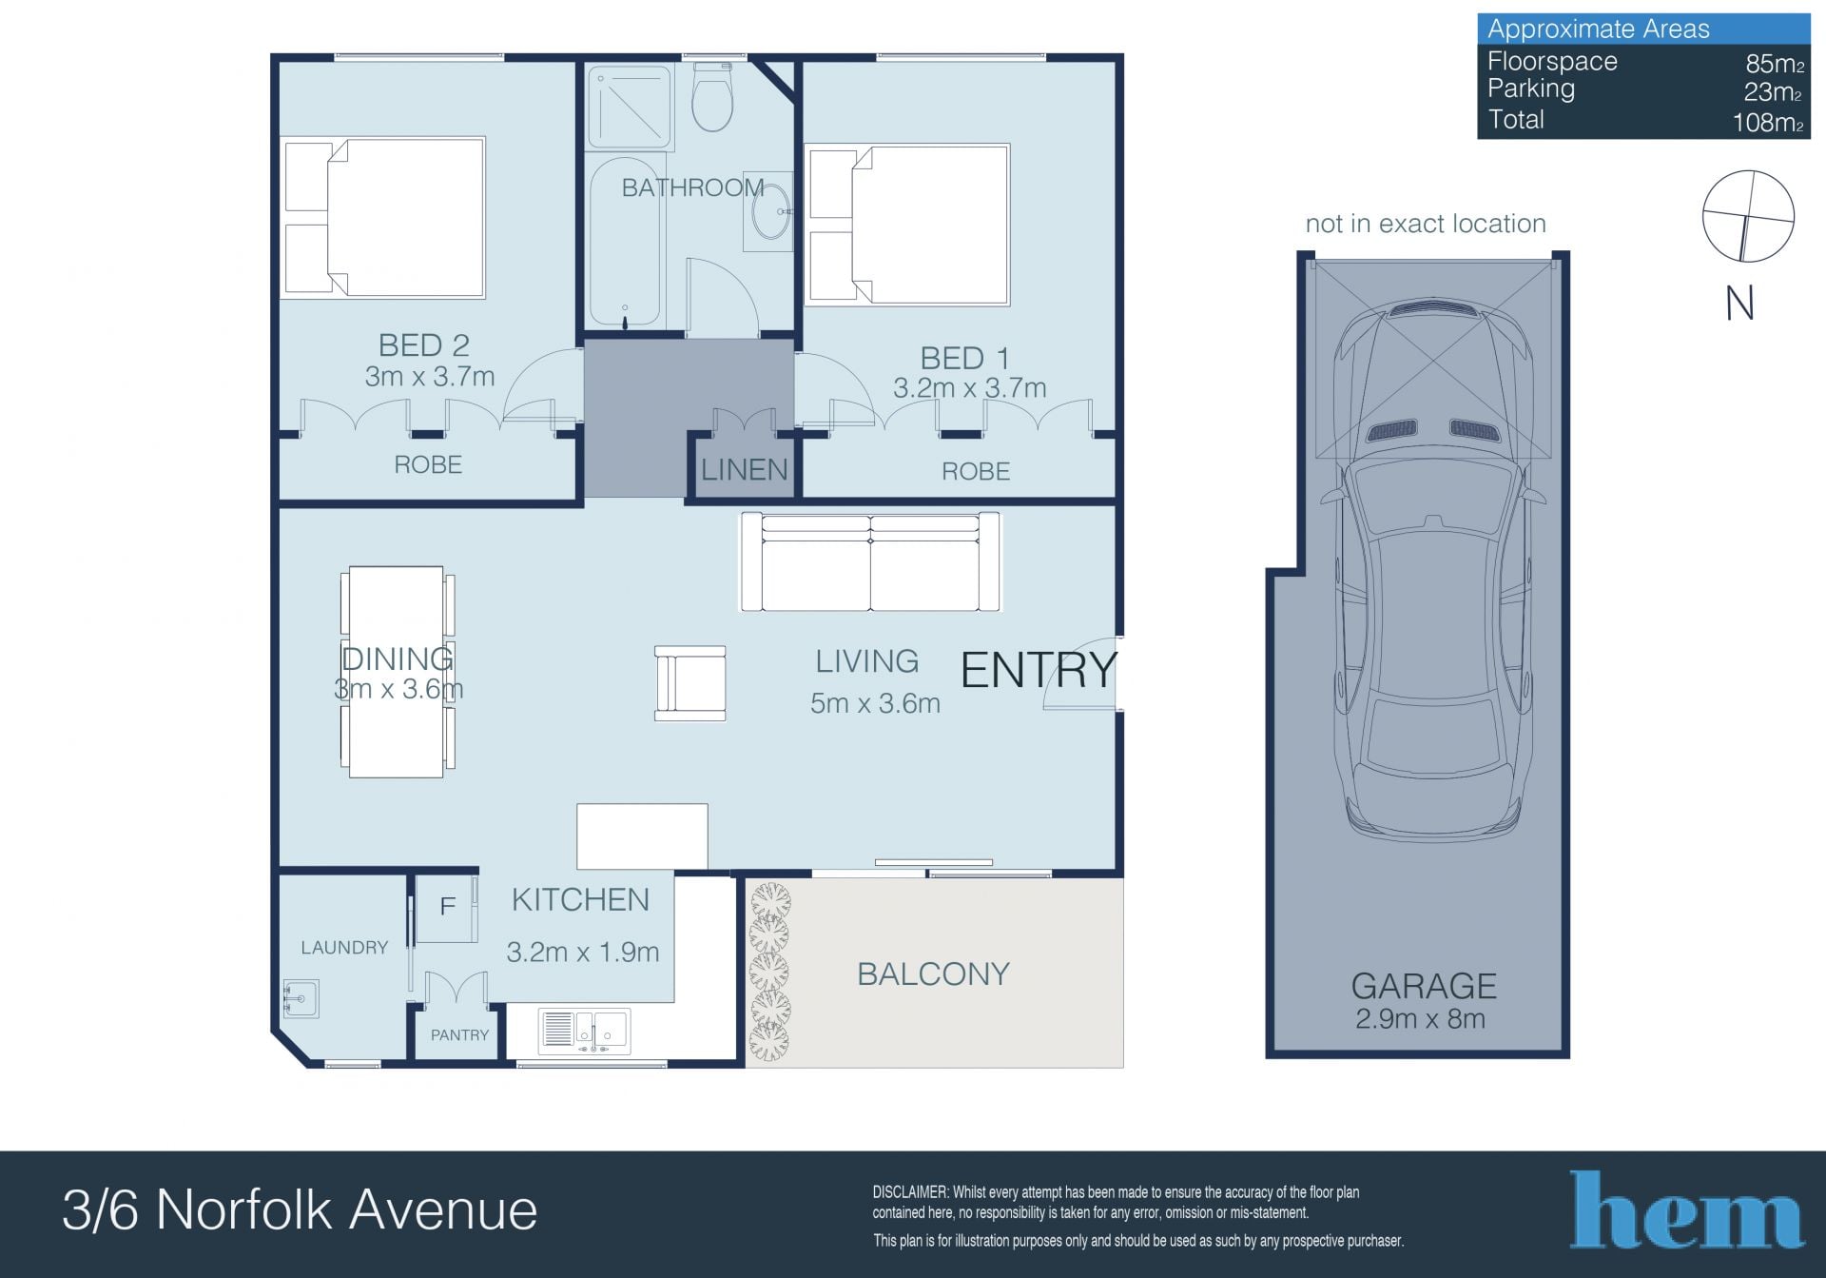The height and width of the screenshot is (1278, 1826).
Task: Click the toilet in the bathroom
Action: click(x=711, y=96)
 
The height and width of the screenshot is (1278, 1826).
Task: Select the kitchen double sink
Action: click(x=584, y=1031)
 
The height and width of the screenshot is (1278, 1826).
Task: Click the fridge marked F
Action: click(x=447, y=908)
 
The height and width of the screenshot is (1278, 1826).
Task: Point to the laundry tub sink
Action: click(x=301, y=999)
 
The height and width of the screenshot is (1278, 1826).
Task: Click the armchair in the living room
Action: click(x=690, y=682)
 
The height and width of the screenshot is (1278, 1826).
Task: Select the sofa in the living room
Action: click(x=870, y=561)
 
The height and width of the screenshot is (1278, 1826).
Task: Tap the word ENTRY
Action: click(x=1039, y=670)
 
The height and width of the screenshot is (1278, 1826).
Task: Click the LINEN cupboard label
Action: click(x=745, y=469)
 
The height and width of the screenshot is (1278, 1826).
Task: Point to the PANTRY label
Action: click(x=459, y=1035)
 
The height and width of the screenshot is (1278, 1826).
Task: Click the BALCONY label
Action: click(x=933, y=974)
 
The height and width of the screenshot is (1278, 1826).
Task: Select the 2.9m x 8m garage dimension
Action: click(x=1420, y=1019)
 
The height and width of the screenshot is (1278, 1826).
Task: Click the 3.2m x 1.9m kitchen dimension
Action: click(x=583, y=952)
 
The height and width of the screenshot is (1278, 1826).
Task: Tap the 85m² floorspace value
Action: click(x=1775, y=64)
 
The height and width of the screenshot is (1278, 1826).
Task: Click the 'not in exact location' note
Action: click(x=1426, y=224)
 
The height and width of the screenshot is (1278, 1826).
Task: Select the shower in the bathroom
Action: click(x=630, y=107)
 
